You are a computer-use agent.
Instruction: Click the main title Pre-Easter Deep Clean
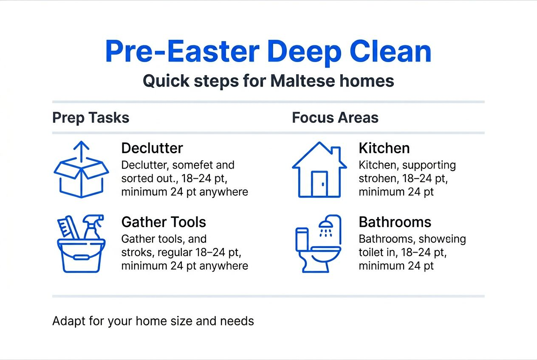pyautogui.click(x=268, y=52)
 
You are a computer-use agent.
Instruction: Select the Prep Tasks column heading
pyautogui.click(x=90, y=118)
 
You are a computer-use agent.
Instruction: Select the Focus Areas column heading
pyautogui.click(x=335, y=118)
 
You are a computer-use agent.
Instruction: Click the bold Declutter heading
pyautogui.click(x=152, y=148)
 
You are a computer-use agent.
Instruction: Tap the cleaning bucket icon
pyautogui.click(x=81, y=255)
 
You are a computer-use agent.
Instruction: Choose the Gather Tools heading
pyautogui.click(x=164, y=222)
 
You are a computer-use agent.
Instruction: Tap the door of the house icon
pyautogui.click(x=319, y=183)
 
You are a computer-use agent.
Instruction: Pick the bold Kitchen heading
pyautogui.click(x=384, y=148)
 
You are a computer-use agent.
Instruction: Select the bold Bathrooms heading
pyautogui.click(x=395, y=222)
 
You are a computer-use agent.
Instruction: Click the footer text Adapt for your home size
pyautogui.click(x=153, y=321)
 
